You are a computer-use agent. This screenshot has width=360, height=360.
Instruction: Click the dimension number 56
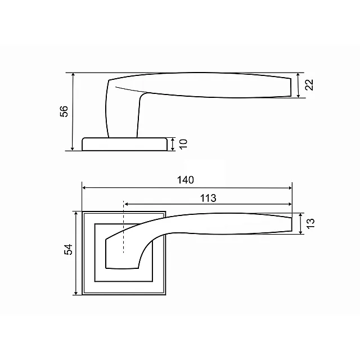point(64,111)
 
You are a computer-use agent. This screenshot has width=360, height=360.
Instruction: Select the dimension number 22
point(309,85)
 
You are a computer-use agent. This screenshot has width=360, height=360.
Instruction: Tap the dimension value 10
point(183,145)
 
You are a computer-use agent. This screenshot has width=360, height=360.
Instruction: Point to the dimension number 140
point(186,180)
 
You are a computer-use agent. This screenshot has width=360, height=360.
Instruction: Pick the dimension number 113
point(208,198)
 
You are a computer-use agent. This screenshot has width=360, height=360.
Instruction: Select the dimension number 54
point(68,249)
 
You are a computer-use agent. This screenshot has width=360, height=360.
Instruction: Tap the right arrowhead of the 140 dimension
point(290,188)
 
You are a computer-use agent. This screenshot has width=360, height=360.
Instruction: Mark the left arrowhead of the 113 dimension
point(126,204)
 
